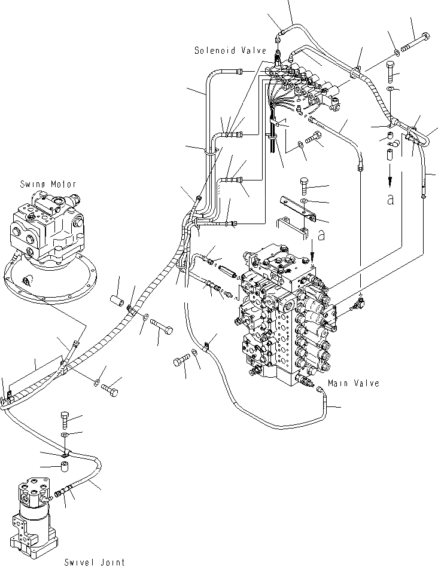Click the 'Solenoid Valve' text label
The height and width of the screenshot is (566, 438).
pos(229,51)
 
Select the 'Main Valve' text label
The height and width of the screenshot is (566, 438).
pos(353,383)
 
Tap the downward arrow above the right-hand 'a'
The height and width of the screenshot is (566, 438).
pos(390,174)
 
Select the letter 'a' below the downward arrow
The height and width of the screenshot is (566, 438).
pos(390,199)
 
